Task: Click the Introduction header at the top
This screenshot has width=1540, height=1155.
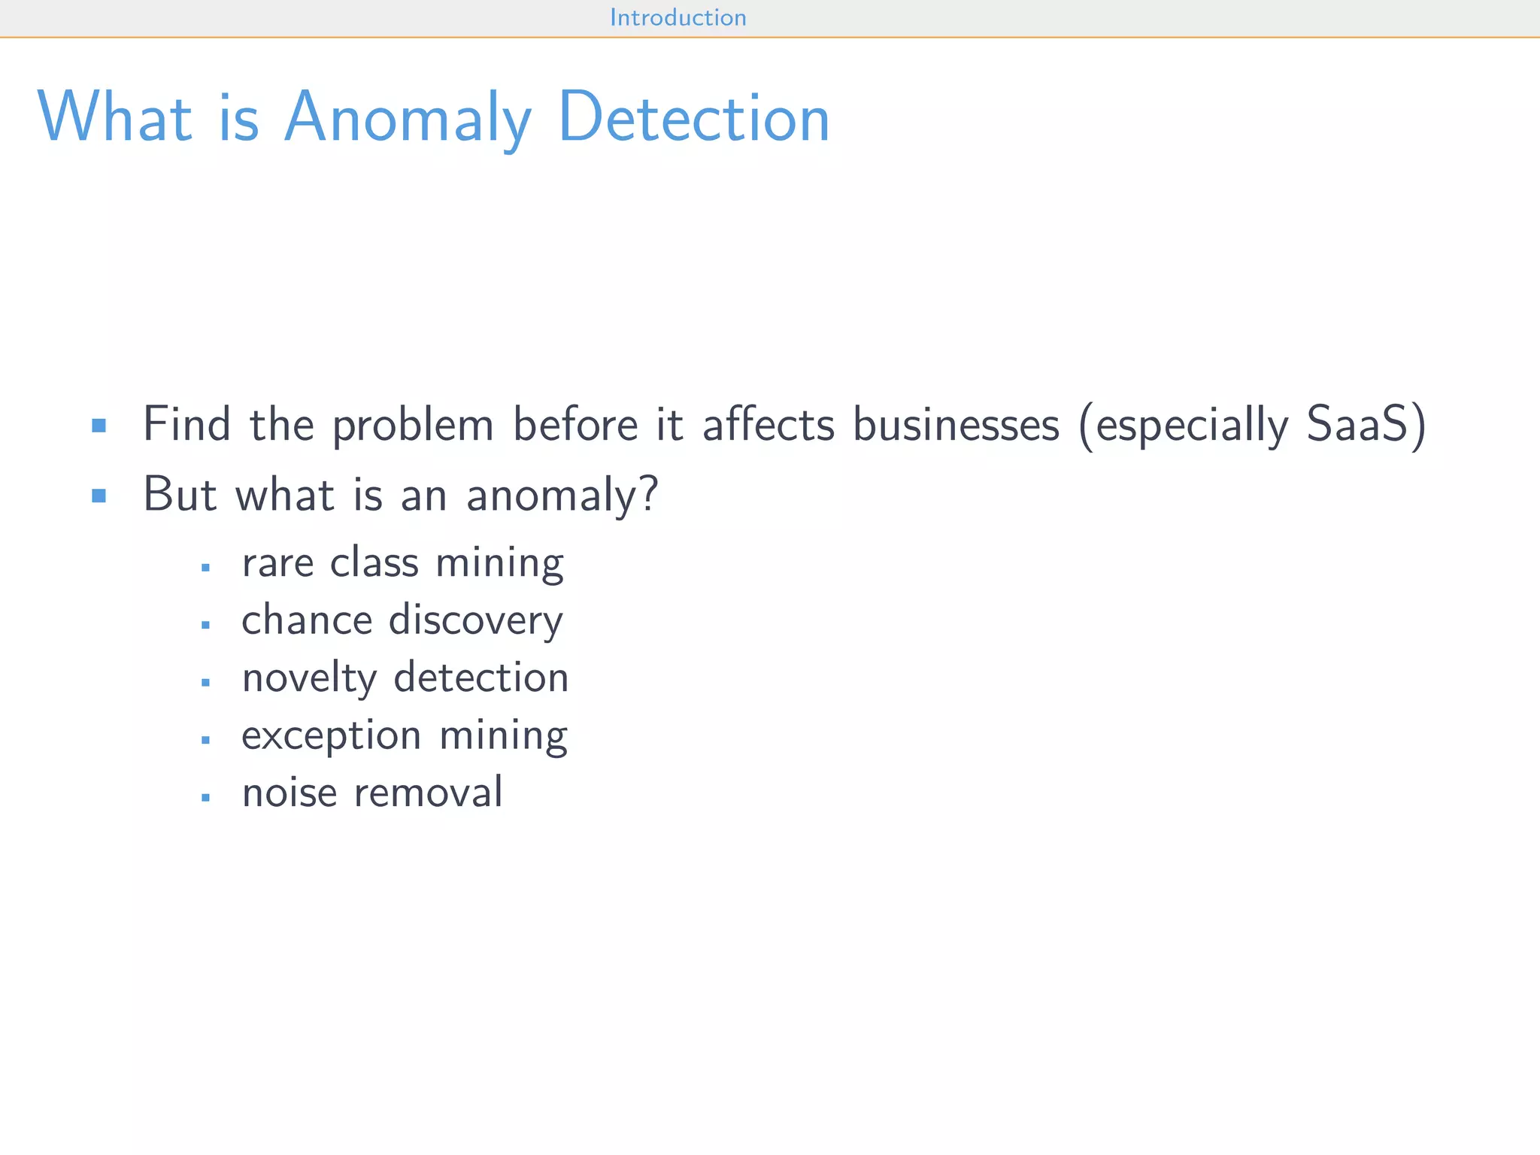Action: coord(678,17)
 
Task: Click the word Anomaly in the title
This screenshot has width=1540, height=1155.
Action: coord(408,118)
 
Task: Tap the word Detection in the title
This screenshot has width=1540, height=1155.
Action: coord(693,118)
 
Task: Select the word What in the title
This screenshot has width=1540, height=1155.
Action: coord(115,118)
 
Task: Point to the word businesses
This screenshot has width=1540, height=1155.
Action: coord(956,424)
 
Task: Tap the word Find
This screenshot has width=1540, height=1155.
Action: coord(186,424)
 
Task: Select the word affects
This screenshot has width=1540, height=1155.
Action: coord(768,424)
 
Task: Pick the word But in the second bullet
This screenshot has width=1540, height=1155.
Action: coord(180,494)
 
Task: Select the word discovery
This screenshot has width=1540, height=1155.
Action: coord(475,621)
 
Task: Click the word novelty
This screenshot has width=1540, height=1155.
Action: coord(309,678)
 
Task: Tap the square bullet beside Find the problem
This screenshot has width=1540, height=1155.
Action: coord(99,426)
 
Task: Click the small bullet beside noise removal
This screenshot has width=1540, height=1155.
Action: coord(205,797)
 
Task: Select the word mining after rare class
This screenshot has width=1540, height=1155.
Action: coord(499,564)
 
